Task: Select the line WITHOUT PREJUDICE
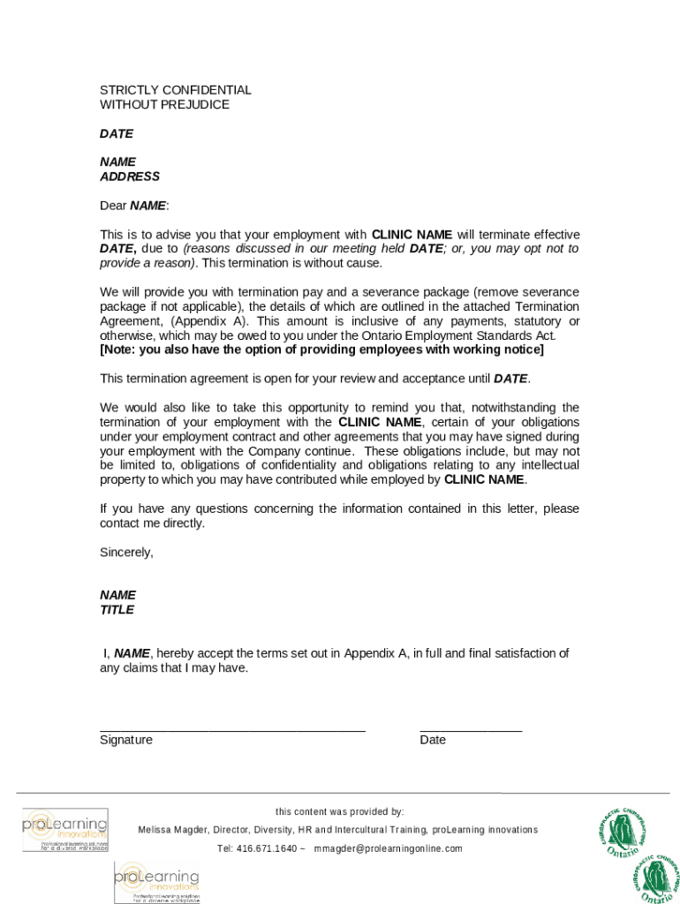(x=164, y=105)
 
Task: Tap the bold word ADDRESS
(x=130, y=177)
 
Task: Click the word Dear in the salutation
(x=113, y=206)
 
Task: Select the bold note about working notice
(x=321, y=350)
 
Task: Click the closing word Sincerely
(x=126, y=553)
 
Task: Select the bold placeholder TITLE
(x=117, y=610)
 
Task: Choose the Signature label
(x=126, y=741)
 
